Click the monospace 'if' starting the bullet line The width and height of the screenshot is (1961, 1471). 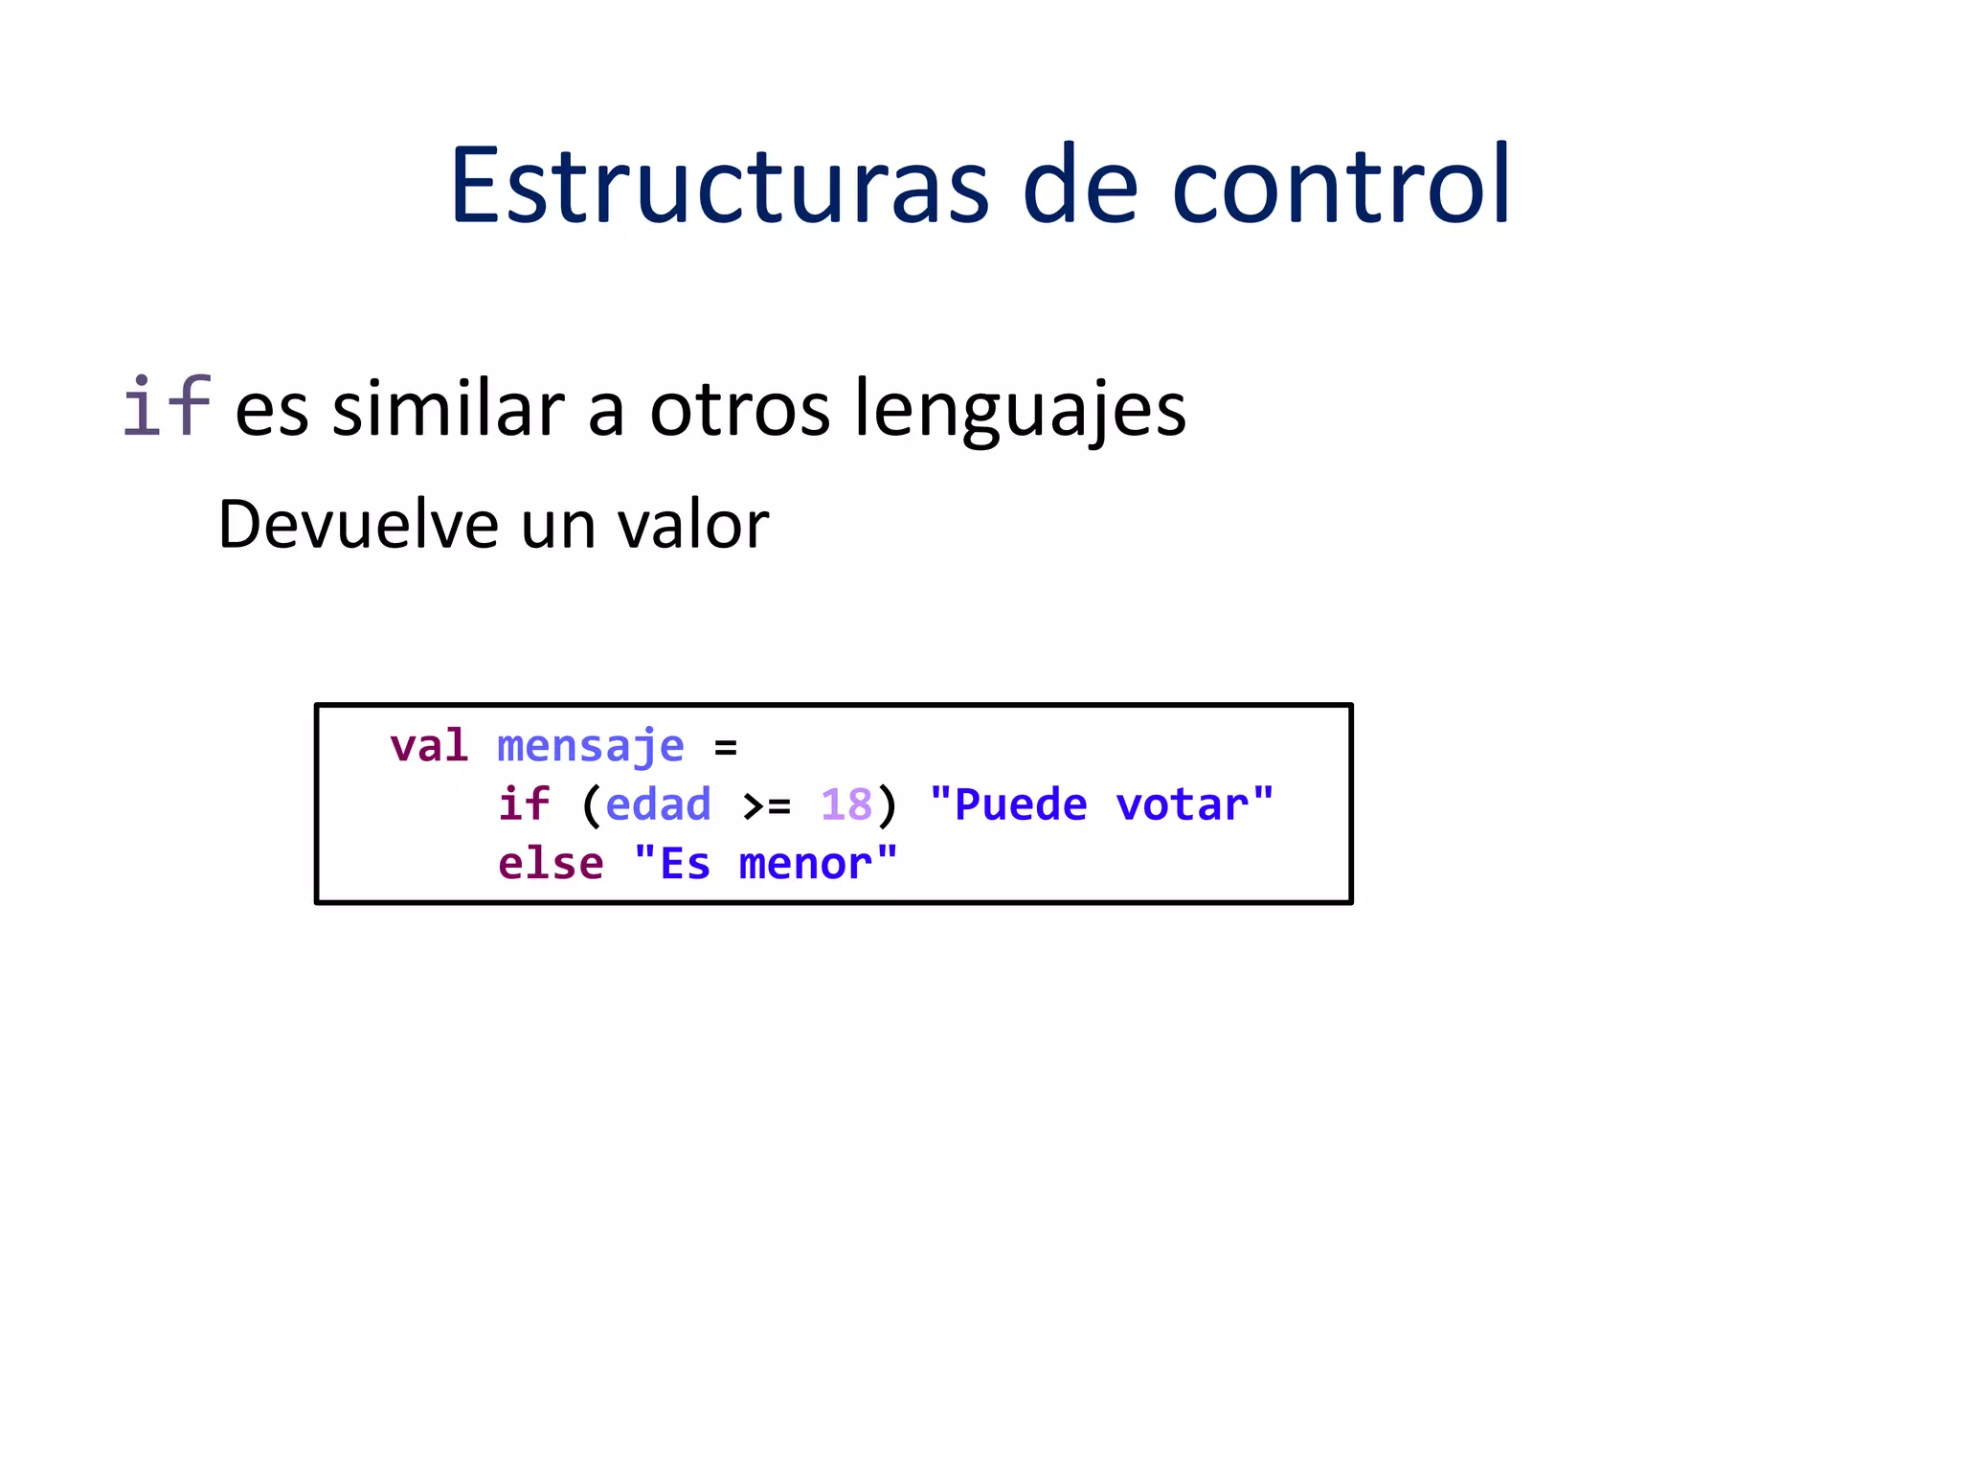click(166, 407)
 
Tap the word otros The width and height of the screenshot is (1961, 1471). click(739, 410)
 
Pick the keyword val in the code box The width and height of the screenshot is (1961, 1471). click(428, 746)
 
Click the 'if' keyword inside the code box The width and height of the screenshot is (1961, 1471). click(523, 804)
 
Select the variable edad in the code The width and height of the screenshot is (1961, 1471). click(659, 804)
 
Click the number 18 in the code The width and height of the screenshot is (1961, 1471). click(846, 804)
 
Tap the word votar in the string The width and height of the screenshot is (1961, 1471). click(1182, 804)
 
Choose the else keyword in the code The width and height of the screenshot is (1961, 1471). click(551, 864)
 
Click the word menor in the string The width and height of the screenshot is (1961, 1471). click(804, 865)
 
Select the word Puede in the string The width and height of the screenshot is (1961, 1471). click(1021, 804)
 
